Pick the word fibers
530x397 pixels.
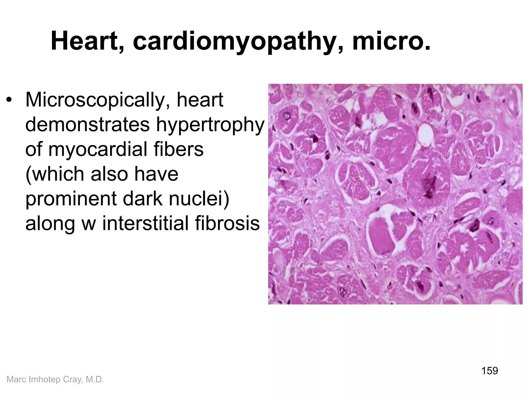click(x=181, y=150)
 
